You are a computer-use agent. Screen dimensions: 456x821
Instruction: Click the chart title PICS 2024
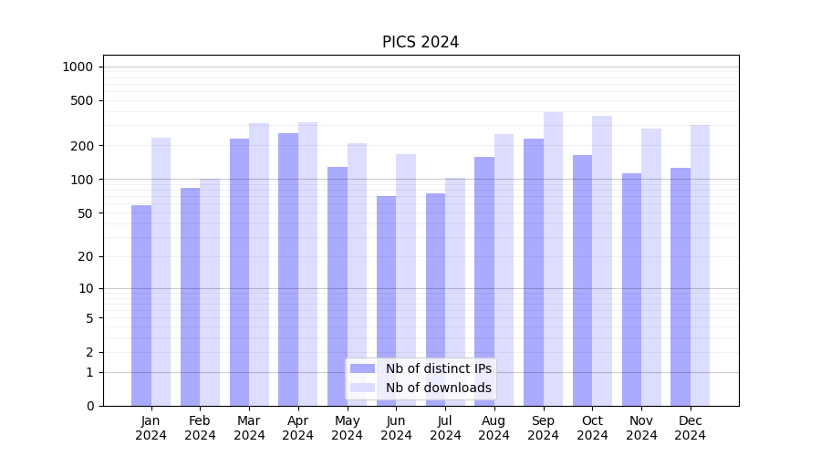pos(420,42)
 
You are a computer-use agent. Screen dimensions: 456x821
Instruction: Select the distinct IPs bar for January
pos(141,306)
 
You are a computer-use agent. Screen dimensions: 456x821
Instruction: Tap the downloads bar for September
pos(553,259)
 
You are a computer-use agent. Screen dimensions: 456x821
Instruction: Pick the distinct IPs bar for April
pos(288,269)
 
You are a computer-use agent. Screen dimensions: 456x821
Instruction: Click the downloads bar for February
pos(210,292)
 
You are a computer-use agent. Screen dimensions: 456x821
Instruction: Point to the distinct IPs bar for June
pos(386,301)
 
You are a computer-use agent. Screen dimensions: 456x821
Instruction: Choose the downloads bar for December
pos(700,264)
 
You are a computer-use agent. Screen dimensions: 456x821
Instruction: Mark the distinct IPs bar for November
pos(631,289)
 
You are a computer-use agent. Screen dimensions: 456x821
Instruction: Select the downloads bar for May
pos(357,274)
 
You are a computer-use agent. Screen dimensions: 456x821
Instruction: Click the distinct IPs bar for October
pos(582,280)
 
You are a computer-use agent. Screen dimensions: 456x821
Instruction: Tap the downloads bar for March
pos(259,264)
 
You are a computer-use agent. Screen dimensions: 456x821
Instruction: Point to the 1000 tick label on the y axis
pos(77,67)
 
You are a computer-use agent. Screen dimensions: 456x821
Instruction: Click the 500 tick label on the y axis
pos(80,100)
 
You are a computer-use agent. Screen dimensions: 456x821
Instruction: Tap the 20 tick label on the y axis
pos(84,256)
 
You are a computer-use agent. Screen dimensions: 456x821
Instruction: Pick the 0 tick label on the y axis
pos(89,406)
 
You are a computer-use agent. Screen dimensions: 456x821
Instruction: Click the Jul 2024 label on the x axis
pos(445,428)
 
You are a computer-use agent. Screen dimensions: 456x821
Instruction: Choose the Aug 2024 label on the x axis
pos(494,428)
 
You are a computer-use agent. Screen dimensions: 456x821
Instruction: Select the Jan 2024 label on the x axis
pos(151,428)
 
